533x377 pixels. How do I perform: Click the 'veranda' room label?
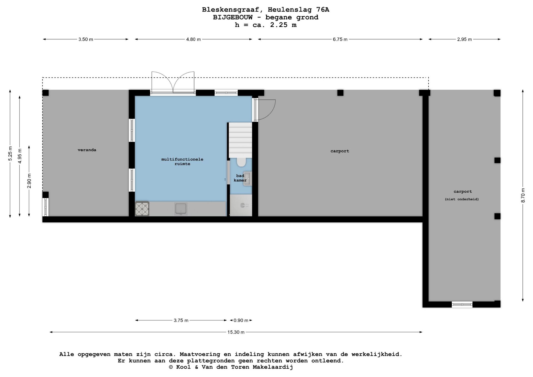[87, 150]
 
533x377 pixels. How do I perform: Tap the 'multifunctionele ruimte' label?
[182, 162]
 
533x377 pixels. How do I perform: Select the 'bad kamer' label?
[240, 178]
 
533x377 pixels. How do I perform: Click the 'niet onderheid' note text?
[462, 199]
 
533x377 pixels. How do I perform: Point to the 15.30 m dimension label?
[236, 332]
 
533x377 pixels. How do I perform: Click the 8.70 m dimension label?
[523, 195]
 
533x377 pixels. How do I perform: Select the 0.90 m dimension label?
[241, 320]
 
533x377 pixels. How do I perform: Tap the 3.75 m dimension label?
[181, 320]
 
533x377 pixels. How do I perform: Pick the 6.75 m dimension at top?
[340, 39]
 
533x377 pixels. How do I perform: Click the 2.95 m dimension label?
[464, 39]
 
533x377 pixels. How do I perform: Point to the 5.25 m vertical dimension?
[10, 153]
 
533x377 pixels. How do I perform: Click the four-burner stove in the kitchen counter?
[142, 209]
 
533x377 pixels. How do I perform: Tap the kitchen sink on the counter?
[181, 209]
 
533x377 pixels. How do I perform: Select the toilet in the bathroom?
[241, 162]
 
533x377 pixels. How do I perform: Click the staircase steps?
[240, 140]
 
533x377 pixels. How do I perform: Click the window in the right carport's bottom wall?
[462, 305]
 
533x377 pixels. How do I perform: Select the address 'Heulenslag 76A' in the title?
[298, 10]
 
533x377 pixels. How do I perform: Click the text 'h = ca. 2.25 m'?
[266, 25]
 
